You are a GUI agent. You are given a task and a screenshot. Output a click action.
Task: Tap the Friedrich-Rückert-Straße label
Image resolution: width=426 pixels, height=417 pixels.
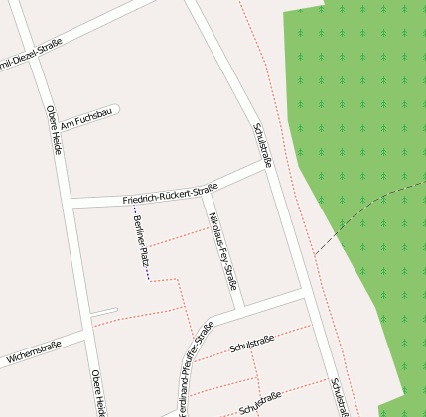tap(170, 194)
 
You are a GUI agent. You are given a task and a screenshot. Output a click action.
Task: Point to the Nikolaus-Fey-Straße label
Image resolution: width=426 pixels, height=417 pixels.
tap(222, 250)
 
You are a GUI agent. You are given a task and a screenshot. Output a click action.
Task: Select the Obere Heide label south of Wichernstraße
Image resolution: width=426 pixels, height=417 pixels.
tap(97, 392)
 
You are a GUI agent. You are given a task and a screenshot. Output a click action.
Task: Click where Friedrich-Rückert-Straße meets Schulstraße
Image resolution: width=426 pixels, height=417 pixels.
tap(269, 167)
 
